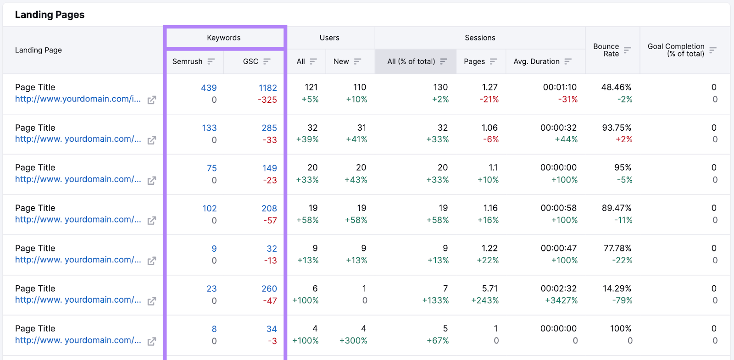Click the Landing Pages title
50,15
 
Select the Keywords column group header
224,38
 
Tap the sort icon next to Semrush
211,61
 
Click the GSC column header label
250,61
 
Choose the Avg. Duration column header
536,61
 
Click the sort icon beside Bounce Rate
627,50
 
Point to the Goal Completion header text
676,50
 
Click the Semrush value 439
209,88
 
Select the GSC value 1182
268,88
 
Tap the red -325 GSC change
267,100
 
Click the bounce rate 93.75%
617,127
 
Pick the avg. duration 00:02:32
558,288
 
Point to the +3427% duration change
561,300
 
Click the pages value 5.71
490,288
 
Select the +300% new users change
353,341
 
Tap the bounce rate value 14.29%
617,288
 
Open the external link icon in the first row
151,100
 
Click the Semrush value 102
209,208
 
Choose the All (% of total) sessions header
411,61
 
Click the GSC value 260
269,288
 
